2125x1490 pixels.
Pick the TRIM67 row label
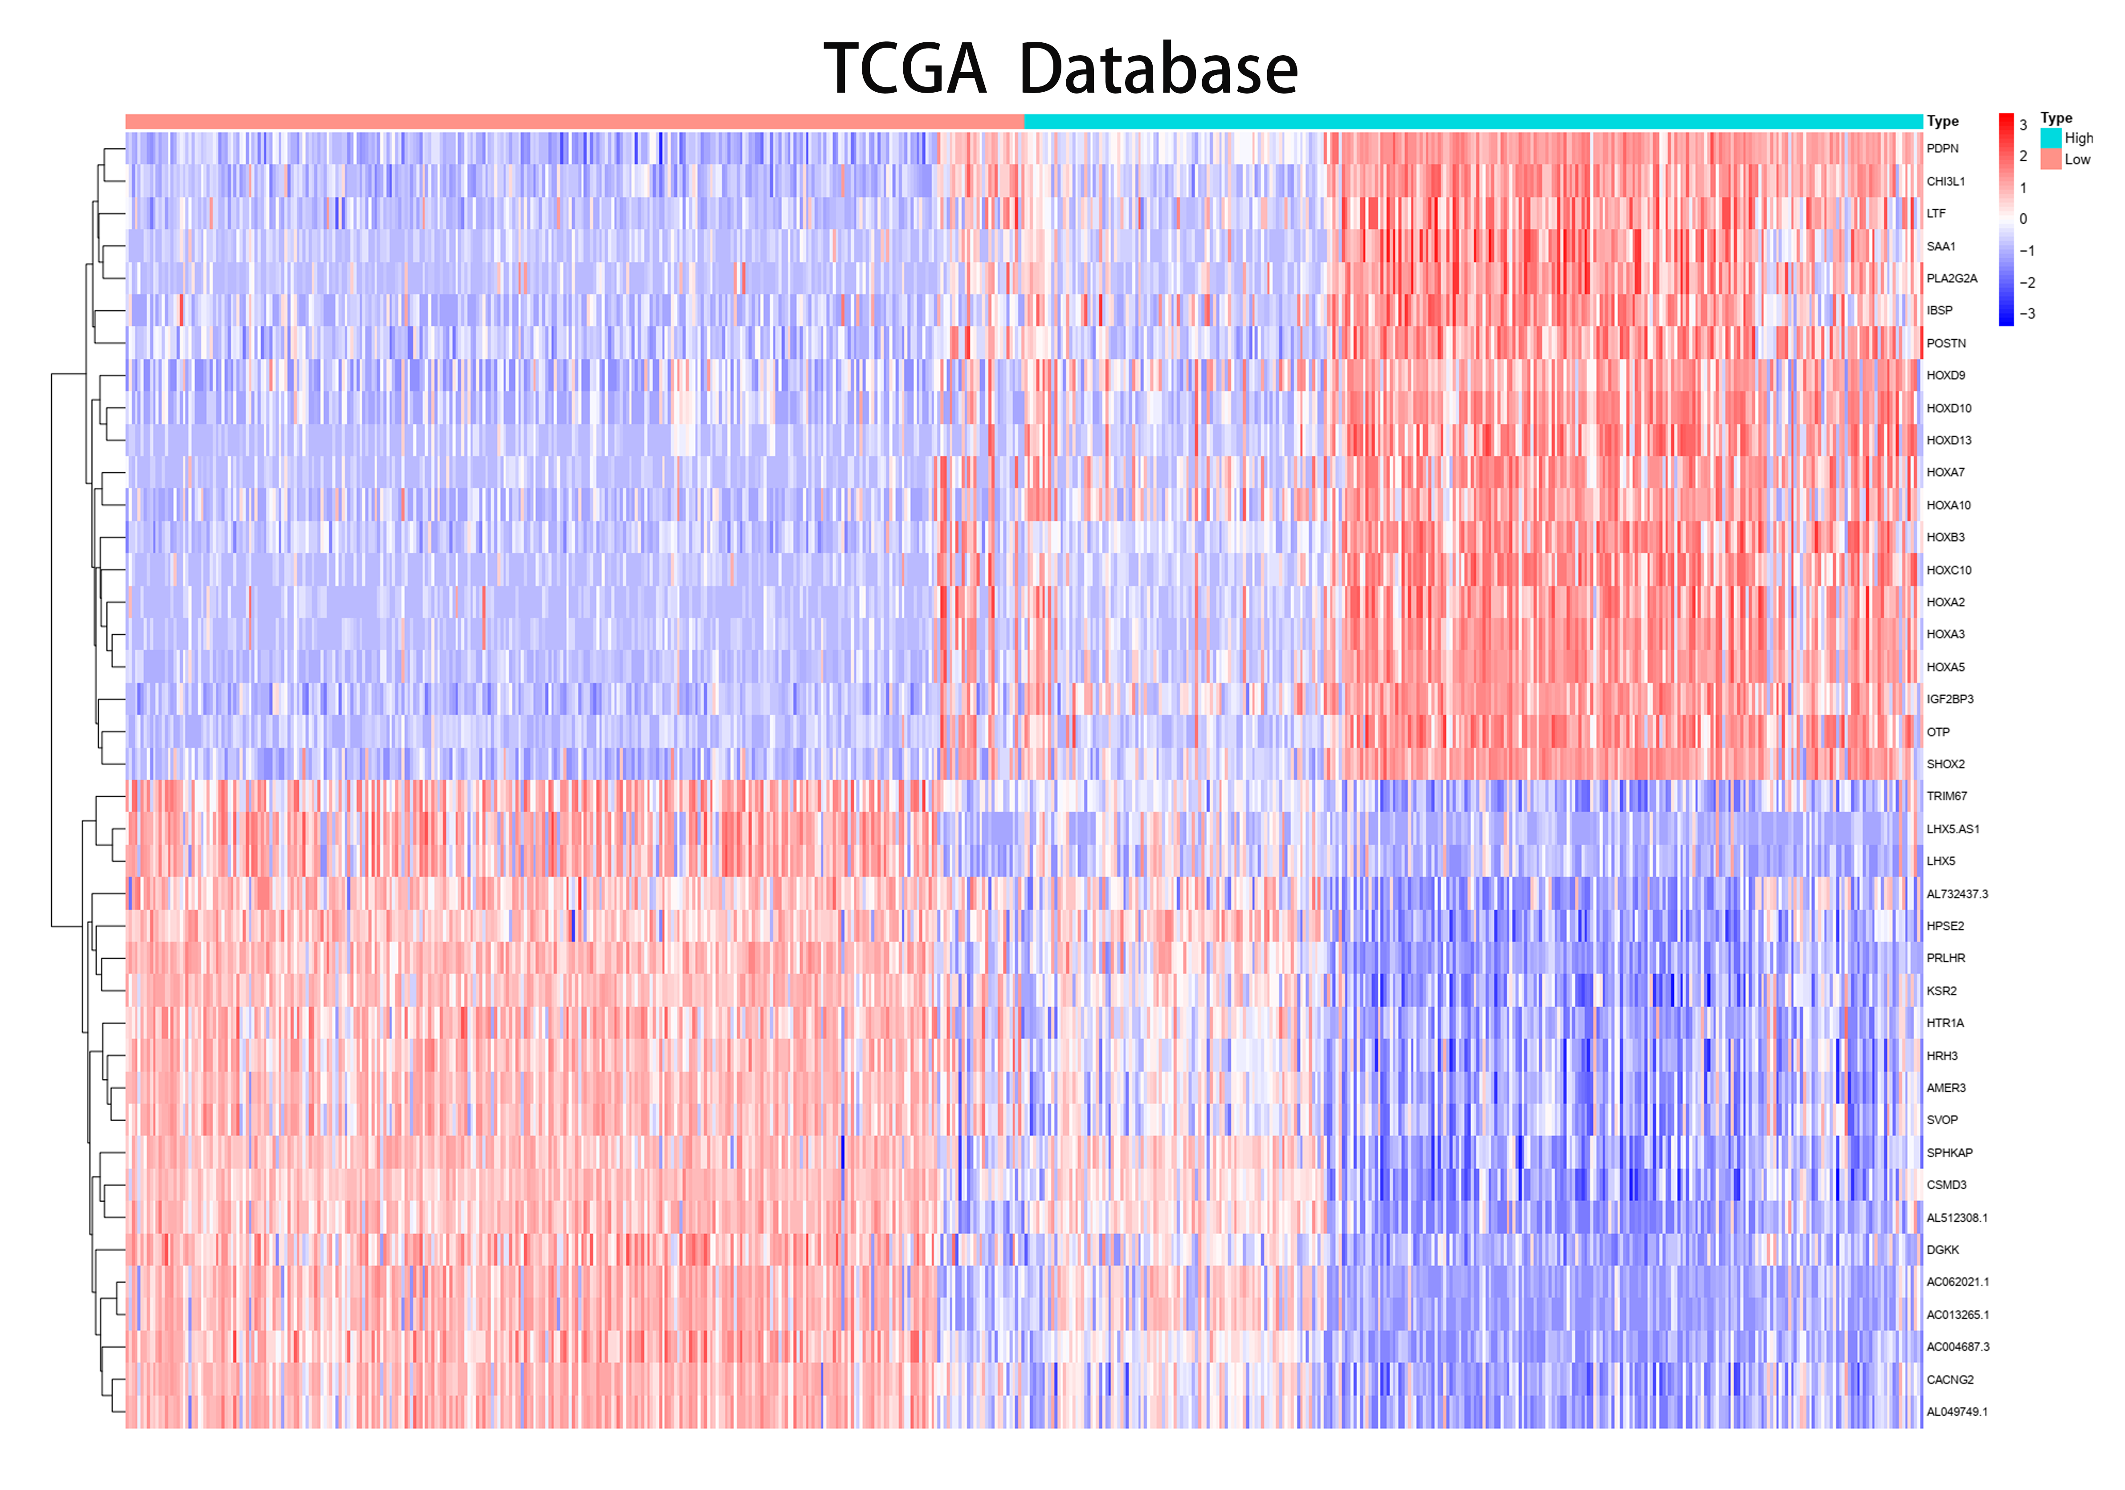click(1946, 796)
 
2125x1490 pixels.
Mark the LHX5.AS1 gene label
click(1953, 829)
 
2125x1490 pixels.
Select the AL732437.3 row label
click(1957, 894)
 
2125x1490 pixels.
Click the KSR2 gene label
click(1942, 991)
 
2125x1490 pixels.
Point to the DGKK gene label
click(1943, 1249)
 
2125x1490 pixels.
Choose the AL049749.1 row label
click(1957, 1412)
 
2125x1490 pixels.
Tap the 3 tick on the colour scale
click(2023, 125)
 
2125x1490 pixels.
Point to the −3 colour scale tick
click(2027, 314)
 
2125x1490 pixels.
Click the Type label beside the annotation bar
click(1943, 121)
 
